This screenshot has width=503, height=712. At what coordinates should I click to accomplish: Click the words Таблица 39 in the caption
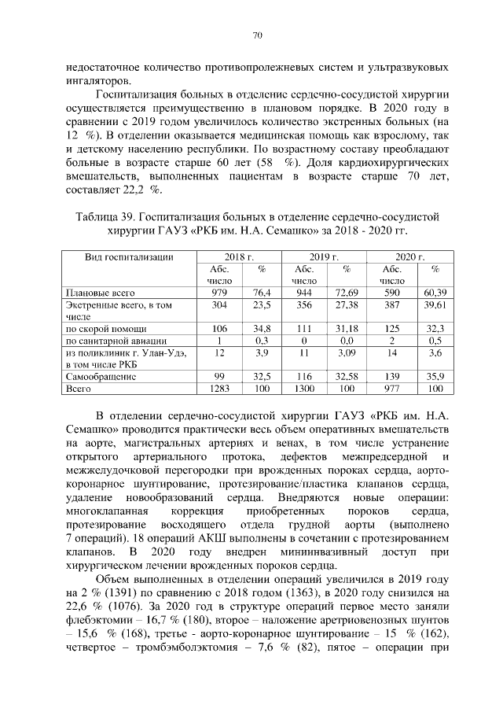point(105,216)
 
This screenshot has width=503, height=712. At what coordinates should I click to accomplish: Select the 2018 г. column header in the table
point(239,257)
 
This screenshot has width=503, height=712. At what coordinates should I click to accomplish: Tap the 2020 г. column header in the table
point(409,257)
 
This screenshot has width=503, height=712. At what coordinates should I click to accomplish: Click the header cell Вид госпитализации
point(128,257)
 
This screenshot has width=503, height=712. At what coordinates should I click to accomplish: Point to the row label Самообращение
point(101,377)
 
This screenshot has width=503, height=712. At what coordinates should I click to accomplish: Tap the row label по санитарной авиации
point(115,341)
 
